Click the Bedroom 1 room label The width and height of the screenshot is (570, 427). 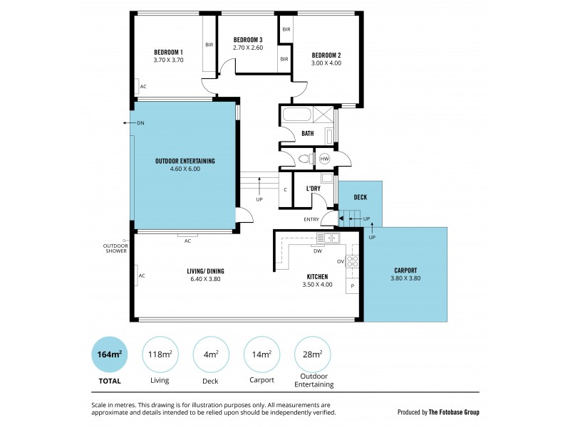(x=168, y=52)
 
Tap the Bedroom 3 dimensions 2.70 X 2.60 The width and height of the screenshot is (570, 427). (x=247, y=48)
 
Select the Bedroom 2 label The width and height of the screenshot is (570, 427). (x=326, y=55)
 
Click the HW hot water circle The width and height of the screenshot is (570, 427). (x=325, y=159)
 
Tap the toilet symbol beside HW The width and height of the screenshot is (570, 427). (x=304, y=159)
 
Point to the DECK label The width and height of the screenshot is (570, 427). (x=360, y=196)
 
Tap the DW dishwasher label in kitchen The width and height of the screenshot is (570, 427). (x=318, y=251)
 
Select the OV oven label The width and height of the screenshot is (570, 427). (x=340, y=262)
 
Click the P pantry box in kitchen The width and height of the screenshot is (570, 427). (x=352, y=285)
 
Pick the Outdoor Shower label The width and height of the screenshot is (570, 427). (x=115, y=248)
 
